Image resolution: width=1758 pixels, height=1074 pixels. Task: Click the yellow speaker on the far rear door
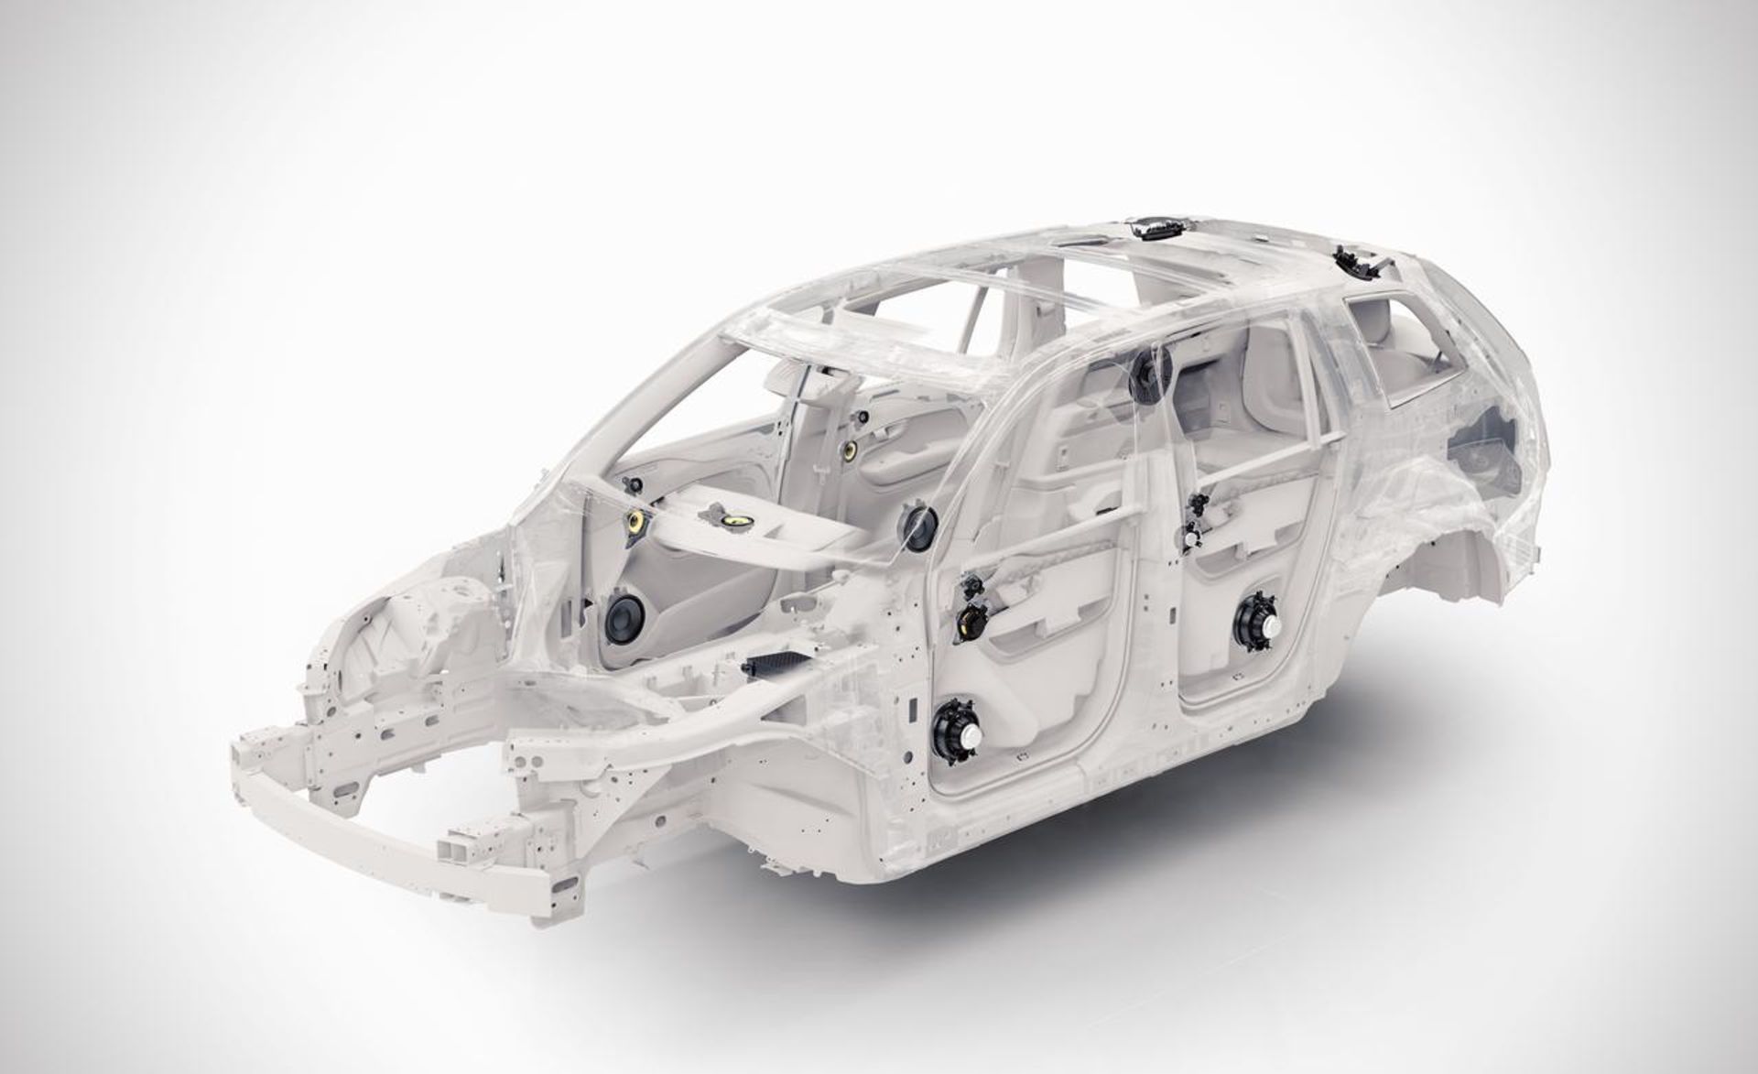[850, 450]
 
